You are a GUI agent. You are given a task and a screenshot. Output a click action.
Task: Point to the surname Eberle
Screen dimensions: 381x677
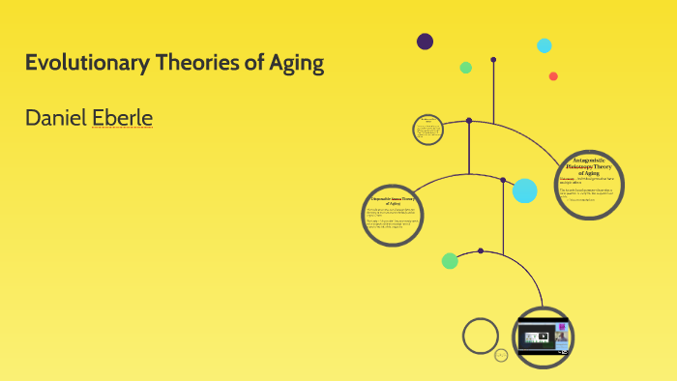point(123,118)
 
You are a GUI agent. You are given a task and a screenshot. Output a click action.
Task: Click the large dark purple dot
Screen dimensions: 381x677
point(425,41)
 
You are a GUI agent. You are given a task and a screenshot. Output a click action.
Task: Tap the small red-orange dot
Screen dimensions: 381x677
point(553,76)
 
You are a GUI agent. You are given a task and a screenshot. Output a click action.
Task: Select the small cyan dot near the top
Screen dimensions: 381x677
point(545,45)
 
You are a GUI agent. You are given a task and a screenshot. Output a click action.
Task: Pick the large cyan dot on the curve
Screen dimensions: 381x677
point(524,190)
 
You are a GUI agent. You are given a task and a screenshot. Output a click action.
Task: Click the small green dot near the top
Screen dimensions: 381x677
point(466,68)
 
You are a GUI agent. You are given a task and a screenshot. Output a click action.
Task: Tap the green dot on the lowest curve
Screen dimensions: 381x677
point(450,260)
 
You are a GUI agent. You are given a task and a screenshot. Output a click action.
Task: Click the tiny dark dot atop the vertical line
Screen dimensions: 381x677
point(493,60)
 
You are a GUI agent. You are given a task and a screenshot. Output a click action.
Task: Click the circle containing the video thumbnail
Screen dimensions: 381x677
point(543,337)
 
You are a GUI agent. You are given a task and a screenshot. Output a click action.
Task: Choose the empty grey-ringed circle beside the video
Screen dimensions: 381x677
point(481,336)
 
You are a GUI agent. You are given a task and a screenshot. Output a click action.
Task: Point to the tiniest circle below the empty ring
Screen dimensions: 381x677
point(501,356)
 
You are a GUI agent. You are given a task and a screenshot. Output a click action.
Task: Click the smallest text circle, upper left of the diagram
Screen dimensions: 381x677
point(427,130)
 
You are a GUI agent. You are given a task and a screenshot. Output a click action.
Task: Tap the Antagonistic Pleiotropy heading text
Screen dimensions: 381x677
point(590,164)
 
